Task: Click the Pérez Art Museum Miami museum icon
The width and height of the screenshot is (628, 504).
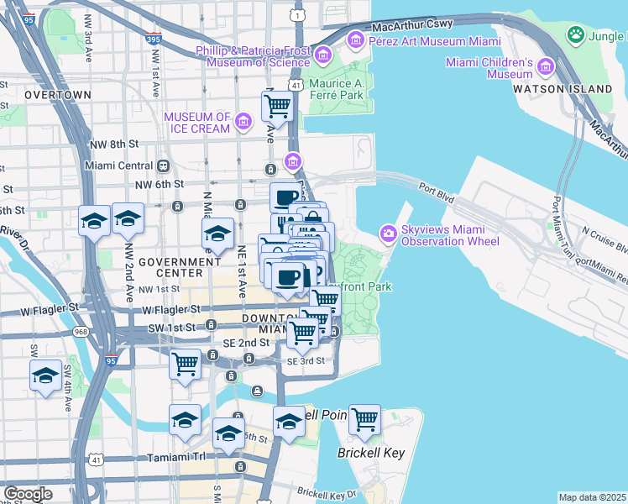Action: (355, 39)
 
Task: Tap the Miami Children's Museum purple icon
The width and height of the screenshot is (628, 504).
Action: (546, 67)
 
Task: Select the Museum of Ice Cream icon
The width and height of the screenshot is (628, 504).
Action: (243, 123)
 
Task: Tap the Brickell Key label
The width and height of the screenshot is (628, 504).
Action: (371, 453)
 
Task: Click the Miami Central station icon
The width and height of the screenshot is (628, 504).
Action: (163, 165)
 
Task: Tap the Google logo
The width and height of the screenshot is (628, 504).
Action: (28, 494)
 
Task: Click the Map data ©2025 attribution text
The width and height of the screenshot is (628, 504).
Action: (592, 497)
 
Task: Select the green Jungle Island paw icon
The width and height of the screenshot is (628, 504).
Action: (576, 34)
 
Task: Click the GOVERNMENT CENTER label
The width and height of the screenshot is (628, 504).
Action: (170, 267)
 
